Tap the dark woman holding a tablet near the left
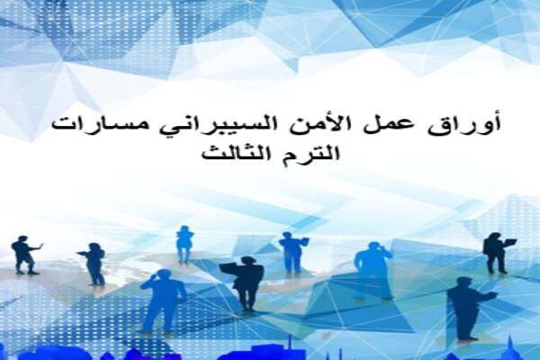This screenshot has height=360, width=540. pyautogui.click(x=93, y=264)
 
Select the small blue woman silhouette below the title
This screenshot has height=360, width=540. pyautogui.click(x=184, y=244)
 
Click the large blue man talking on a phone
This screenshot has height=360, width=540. pyautogui.click(x=163, y=301)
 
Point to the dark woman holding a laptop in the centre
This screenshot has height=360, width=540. pyautogui.click(x=245, y=283)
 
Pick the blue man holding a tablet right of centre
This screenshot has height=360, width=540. pyautogui.click(x=292, y=253)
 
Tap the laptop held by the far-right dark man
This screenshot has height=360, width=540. pyautogui.click(x=510, y=242)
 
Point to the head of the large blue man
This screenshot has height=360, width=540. pyautogui.click(x=161, y=274)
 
